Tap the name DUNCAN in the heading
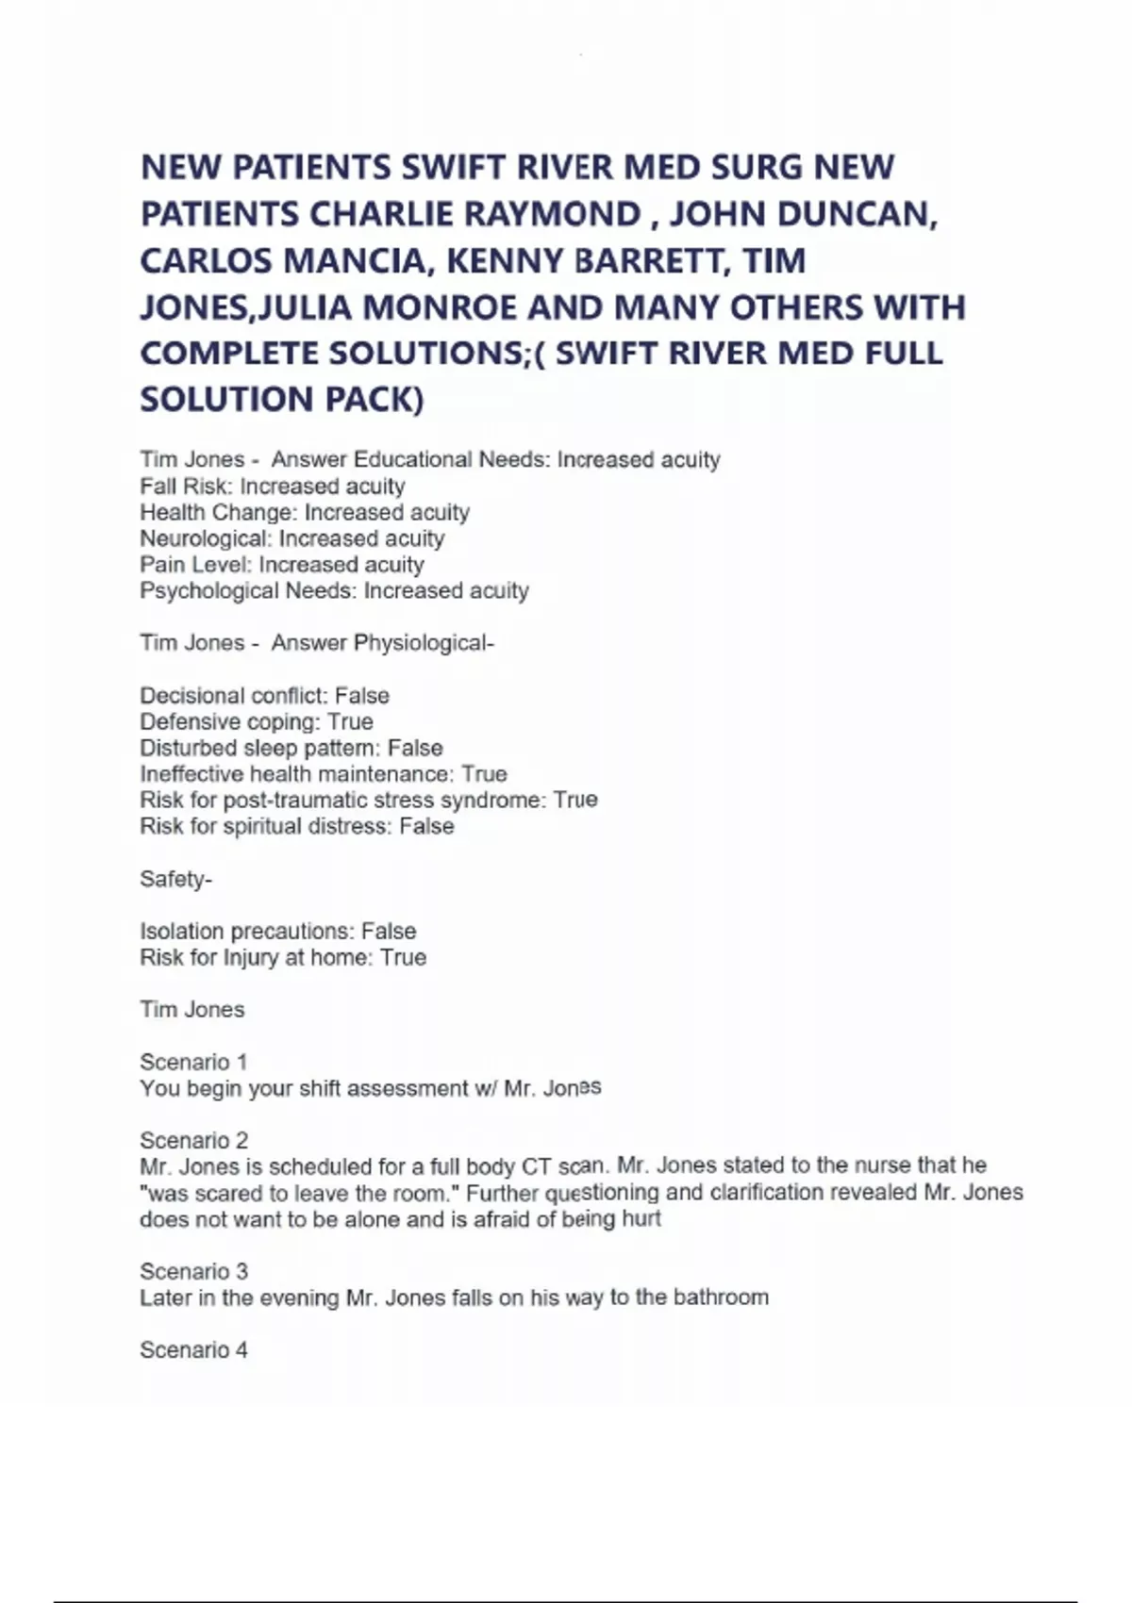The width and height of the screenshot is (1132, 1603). [857, 214]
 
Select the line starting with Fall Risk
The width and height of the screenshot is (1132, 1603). [273, 487]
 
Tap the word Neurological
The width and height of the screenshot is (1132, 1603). [205, 538]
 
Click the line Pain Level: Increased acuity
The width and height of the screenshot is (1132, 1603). [282, 565]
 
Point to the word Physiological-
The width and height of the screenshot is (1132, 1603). [424, 643]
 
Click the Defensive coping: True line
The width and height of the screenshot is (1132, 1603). [257, 722]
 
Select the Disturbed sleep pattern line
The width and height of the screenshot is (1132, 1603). [291, 749]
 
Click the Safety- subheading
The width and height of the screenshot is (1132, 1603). [176, 880]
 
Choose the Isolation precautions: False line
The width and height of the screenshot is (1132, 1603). [278, 932]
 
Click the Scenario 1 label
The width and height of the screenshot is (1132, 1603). [193, 1063]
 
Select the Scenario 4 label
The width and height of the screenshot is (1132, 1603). [193, 1350]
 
